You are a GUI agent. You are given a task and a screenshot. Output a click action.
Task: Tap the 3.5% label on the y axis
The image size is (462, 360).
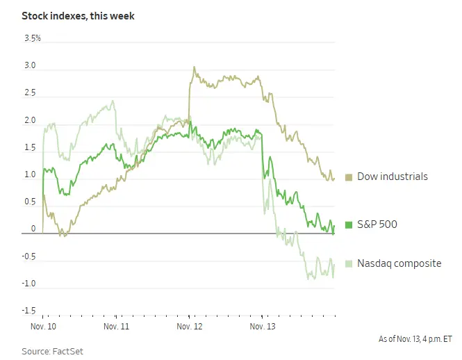(x=32, y=39)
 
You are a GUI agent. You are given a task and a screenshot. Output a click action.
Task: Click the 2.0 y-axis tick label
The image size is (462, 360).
(x=31, y=121)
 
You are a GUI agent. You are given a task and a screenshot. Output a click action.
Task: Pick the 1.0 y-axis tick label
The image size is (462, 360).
(x=31, y=174)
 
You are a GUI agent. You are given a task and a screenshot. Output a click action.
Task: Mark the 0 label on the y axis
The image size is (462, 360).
(x=33, y=229)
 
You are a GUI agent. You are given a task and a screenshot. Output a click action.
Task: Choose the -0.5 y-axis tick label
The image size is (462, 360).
(x=29, y=256)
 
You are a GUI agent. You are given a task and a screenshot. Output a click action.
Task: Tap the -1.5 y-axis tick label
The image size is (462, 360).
(x=29, y=310)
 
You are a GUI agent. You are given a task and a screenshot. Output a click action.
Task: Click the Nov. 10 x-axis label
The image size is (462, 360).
(x=43, y=325)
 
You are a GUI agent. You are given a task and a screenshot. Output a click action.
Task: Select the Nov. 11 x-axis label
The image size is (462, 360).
(x=116, y=325)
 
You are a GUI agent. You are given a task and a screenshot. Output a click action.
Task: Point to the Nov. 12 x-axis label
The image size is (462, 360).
(x=189, y=325)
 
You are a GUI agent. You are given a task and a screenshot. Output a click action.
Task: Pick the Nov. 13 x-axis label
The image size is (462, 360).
(x=262, y=325)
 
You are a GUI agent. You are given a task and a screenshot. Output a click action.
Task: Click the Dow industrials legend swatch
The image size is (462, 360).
(x=349, y=177)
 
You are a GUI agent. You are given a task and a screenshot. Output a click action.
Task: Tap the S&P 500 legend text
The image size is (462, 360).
(x=378, y=224)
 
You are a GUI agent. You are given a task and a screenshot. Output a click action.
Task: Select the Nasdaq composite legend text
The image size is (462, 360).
(x=399, y=263)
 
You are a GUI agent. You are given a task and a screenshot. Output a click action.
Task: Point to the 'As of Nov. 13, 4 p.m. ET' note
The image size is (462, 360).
(x=415, y=339)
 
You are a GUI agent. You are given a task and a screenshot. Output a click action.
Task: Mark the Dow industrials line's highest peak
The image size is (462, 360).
(x=194, y=67)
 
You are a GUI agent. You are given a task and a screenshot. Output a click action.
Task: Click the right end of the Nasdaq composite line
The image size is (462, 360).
(x=334, y=264)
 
